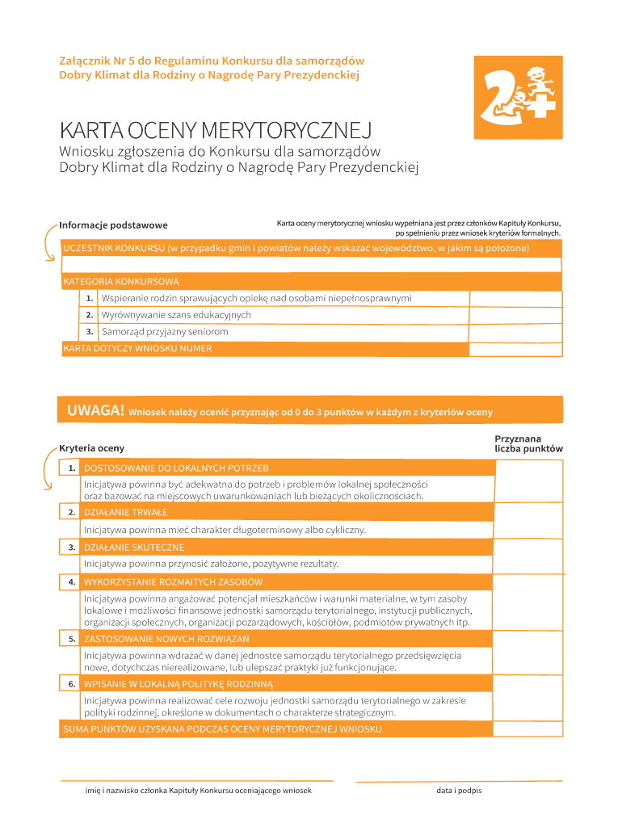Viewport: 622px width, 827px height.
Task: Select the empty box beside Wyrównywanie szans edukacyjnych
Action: [x=515, y=315]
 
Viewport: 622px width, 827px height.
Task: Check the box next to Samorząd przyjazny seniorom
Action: [x=515, y=332]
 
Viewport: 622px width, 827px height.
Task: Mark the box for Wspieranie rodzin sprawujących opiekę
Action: [x=515, y=298]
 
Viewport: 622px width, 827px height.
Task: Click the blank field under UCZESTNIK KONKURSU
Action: [x=311, y=264]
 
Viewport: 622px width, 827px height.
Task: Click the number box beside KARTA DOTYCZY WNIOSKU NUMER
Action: [x=515, y=349]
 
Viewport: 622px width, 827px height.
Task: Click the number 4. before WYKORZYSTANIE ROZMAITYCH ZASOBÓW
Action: [x=72, y=581]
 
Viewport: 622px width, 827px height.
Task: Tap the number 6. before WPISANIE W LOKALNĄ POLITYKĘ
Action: [x=72, y=684]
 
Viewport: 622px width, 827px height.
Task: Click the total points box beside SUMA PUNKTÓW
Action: [x=528, y=729]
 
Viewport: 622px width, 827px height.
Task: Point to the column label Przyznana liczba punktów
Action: [x=528, y=443]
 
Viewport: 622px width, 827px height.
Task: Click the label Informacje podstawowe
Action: [x=113, y=225]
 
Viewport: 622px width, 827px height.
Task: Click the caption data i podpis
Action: [x=459, y=790]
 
